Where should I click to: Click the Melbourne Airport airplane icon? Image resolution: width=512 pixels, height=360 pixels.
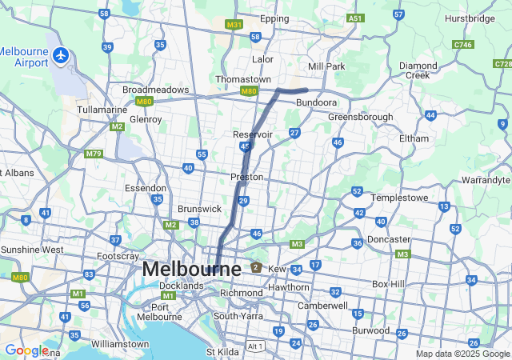(62, 55)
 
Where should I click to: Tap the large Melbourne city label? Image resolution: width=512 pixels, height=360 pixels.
(191, 270)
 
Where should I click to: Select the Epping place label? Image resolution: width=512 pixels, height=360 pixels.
(274, 18)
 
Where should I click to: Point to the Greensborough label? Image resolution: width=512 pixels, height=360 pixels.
(361, 117)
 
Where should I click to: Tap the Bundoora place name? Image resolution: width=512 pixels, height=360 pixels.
(316, 103)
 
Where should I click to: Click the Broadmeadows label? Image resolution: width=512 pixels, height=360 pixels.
(155, 90)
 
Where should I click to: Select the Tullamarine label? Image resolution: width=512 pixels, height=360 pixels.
(102, 109)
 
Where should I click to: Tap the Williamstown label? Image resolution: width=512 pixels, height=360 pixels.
(120, 344)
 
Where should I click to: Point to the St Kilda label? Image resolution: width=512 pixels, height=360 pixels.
(223, 352)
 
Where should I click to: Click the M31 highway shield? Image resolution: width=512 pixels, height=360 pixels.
(234, 25)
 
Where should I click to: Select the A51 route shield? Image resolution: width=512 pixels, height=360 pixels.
(355, 18)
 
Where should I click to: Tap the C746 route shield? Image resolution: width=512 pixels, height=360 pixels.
(462, 45)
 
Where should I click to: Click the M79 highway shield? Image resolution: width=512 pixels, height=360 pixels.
(94, 153)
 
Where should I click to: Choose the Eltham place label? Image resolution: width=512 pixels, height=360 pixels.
(414, 138)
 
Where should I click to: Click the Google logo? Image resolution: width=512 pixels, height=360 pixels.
(26, 350)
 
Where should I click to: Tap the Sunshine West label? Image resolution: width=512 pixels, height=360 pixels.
(32, 250)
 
